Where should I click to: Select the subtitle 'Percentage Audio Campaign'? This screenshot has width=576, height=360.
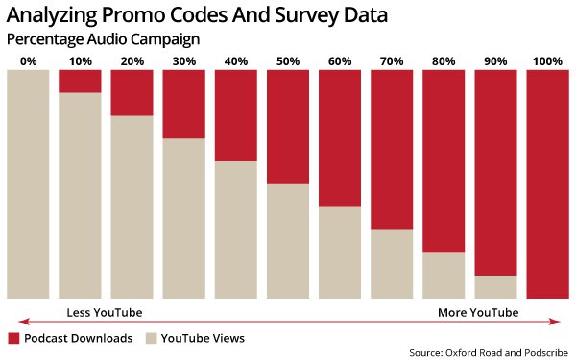click(x=104, y=40)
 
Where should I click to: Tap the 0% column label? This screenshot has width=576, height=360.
click(x=28, y=61)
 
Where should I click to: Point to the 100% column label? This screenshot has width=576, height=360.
click(x=547, y=61)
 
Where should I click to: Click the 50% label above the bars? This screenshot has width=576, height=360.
click(x=287, y=61)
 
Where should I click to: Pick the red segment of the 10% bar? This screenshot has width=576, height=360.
click(x=80, y=81)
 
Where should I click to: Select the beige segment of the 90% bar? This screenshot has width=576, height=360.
click(x=495, y=287)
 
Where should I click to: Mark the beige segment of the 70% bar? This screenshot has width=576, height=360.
click(x=392, y=264)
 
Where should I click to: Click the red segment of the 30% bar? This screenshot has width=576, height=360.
click(x=183, y=104)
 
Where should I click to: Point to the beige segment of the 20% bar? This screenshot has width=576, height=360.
click(x=132, y=206)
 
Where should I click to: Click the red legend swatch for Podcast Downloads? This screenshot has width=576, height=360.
click(x=13, y=338)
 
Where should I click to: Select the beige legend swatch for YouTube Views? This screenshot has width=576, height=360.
click(x=151, y=338)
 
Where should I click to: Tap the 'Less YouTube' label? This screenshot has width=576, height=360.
click(x=104, y=313)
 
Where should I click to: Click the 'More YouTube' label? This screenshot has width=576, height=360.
click(x=478, y=313)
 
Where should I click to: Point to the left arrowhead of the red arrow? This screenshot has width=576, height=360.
click(x=21, y=322)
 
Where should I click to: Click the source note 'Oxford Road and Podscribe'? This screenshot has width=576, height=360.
click(x=489, y=353)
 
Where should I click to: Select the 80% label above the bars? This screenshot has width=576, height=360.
click(x=444, y=61)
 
